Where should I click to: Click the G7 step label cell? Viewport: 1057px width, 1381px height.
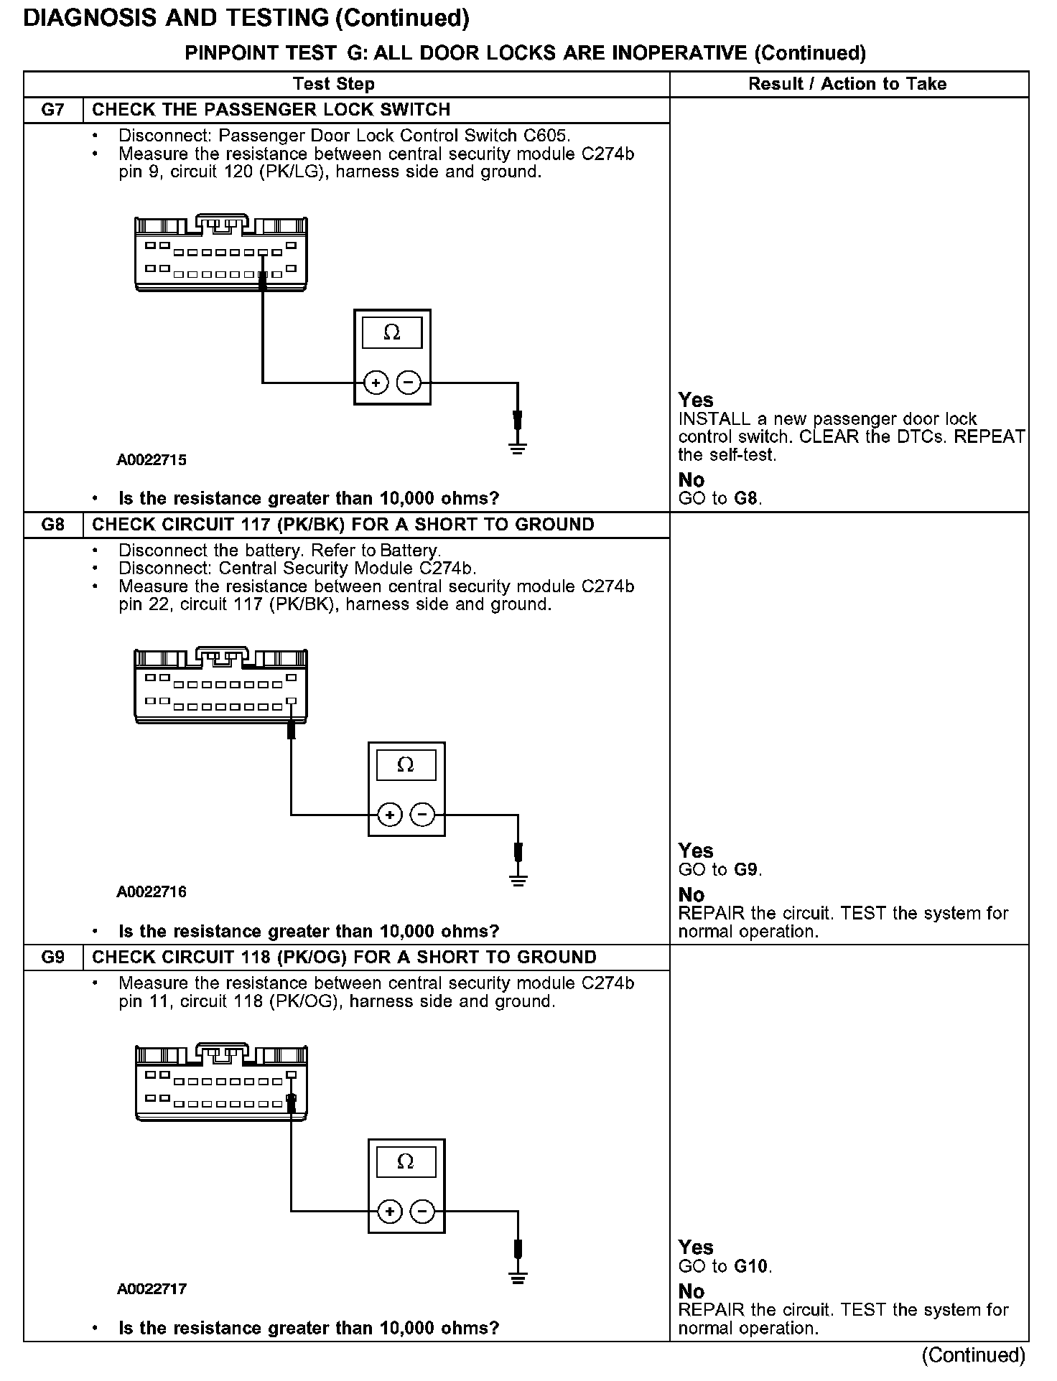[x=53, y=110]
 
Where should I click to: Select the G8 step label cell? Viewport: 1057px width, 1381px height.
[x=53, y=525]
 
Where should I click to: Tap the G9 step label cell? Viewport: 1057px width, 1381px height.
[x=53, y=958]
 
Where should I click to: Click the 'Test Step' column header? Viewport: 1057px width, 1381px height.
[x=334, y=84]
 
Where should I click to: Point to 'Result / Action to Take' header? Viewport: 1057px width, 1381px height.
[x=847, y=84]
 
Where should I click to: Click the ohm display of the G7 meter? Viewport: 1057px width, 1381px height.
[x=392, y=332]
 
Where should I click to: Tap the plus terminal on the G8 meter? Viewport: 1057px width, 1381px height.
[x=390, y=815]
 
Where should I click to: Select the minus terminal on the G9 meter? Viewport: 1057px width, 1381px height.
[x=422, y=1212]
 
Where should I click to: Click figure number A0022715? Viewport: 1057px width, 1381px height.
[x=152, y=460]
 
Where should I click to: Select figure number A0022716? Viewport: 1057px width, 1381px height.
[x=152, y=892]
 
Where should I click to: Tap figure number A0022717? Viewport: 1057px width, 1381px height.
[x=152, y=1289]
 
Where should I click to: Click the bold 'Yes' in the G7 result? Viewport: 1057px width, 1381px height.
[x=696, y=400]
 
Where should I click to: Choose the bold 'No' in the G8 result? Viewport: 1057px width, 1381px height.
[x=692, y=894]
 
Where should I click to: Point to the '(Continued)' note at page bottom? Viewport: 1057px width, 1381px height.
[x=974, y=1354]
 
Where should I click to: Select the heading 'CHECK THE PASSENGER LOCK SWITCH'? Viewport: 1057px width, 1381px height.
[x=271, y=110]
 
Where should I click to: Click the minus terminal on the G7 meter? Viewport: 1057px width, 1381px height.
[x=409, y=383]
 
